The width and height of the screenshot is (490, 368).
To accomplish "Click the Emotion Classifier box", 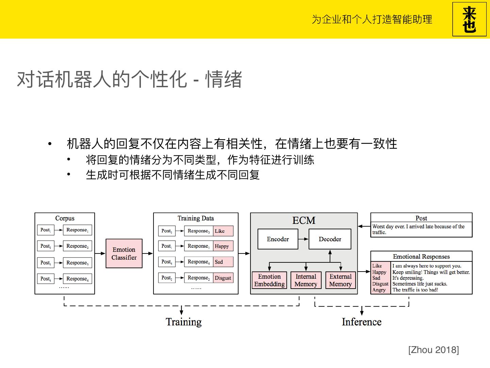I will tap(124, 254).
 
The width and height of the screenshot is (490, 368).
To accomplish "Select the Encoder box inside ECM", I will tap(278, 239).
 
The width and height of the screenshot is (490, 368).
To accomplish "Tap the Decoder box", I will tap(330, 239).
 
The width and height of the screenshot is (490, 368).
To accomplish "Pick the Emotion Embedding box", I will tap(269, 280).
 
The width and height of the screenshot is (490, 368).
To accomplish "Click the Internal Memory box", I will tap(306, 280).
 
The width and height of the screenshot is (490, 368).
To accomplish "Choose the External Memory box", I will tap(340, 280).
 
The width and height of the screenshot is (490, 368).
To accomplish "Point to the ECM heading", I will tap(304, 220).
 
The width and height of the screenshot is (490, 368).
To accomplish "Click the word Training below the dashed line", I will tap(183, 322).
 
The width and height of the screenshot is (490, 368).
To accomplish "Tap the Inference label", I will tap(361, 322).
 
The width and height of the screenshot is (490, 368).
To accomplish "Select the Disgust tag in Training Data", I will tap(223, 278).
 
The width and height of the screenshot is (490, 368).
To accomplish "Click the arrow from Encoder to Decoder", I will tap(303, 239).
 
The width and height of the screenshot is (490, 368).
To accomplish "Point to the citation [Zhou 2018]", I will tap(434, 350).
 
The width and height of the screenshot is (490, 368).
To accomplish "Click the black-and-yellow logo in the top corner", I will tap(469, 19).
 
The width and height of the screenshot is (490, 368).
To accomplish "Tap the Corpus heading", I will tap(65, 218).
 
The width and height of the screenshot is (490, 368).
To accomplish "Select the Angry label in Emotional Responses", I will tap(379, 290).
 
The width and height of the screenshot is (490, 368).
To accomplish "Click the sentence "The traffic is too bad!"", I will tap(415, 290).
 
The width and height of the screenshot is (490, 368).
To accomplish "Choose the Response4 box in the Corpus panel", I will tap(77, 279).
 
